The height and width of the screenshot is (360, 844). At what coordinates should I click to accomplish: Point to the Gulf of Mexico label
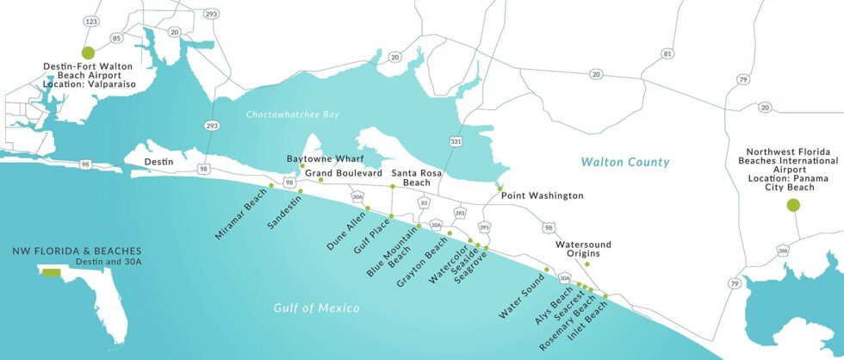tap(316, 307)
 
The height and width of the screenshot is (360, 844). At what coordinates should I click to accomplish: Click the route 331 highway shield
tap(453, 140)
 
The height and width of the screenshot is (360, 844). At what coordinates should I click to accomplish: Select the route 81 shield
tap(666, 54)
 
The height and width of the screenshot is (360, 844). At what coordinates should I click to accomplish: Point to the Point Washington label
tap(542, 196)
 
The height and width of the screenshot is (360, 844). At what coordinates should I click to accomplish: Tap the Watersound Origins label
tap(583, 249)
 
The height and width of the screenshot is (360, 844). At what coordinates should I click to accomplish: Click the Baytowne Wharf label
tap(326, 159)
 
